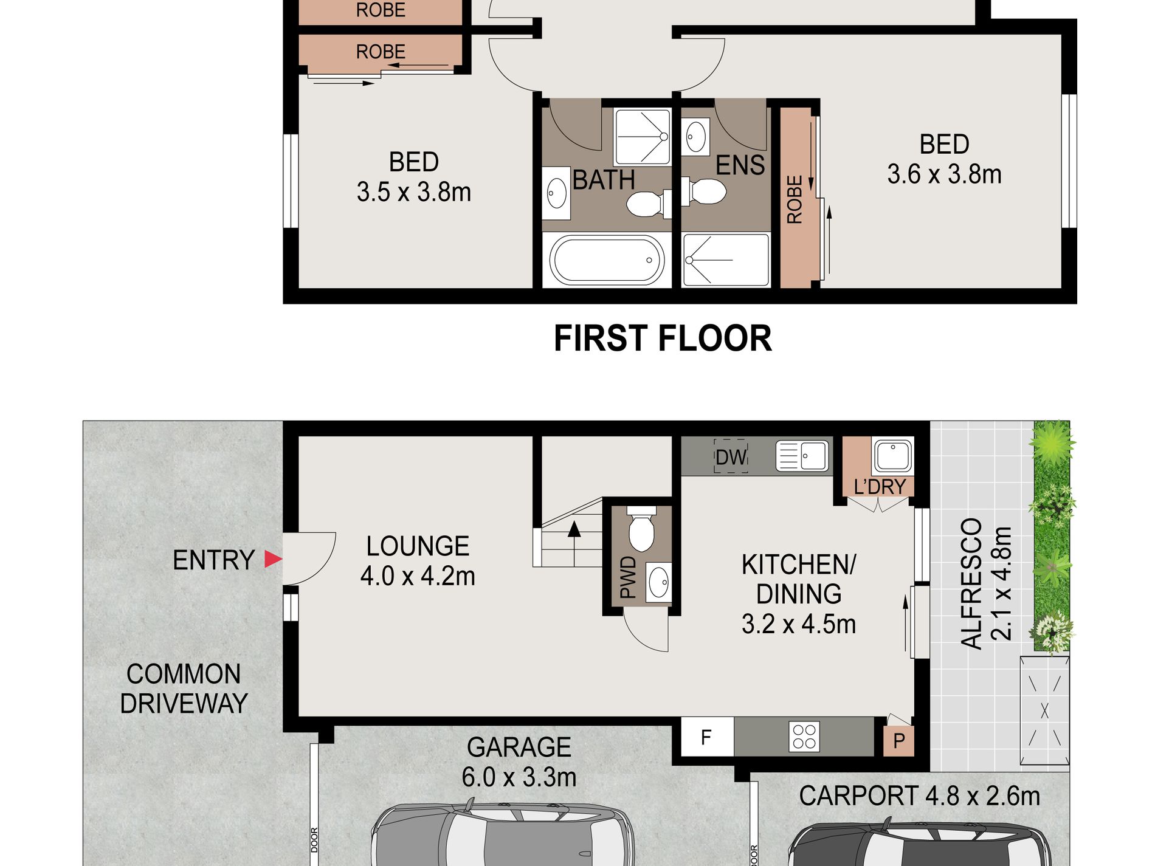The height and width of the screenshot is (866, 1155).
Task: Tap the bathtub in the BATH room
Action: pos(607,260)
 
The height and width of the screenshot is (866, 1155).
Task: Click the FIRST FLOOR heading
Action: pos(663,338)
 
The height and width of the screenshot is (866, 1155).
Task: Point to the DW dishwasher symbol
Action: pos(731,456)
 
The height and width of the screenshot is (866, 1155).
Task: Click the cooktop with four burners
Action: pos(804,737)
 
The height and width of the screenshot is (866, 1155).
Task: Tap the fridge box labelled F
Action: pos(706,737)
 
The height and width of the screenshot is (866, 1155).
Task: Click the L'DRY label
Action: pos(880,487)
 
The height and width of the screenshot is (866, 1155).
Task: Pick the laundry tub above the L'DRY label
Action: pos(892,455)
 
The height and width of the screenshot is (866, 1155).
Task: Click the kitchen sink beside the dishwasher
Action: pos(802,455)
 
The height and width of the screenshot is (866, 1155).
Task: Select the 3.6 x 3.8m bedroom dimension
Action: pos(944,174)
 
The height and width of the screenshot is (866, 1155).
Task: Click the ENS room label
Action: pos(740,165)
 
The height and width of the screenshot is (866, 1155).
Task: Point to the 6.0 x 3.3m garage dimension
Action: pos(519,777)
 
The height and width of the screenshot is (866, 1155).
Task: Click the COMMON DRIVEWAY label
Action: pos(184,689)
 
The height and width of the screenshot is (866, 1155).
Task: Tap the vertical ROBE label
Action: pos(795,199)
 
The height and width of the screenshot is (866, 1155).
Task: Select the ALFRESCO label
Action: pos(971,583)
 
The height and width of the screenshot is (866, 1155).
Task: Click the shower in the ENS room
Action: pos(725,260)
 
